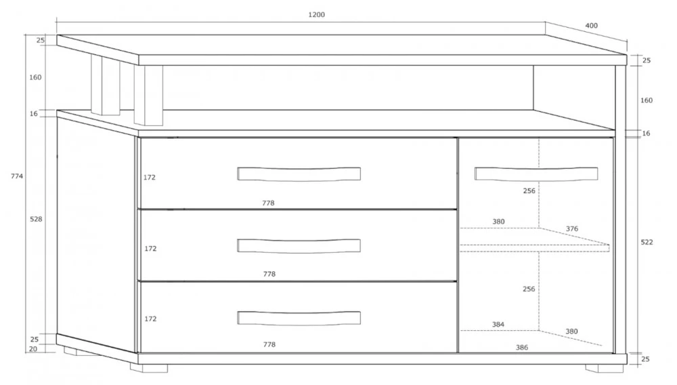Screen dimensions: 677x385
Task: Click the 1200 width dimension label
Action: pos(316,15)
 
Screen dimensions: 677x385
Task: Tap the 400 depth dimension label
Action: pos(592,26)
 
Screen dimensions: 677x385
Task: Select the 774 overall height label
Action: pos(17,176)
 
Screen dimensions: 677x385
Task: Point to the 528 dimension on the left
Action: pos(36,219)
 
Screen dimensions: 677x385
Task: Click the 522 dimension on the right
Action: pos(647,242)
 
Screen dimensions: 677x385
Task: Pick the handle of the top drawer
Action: pos(299,174)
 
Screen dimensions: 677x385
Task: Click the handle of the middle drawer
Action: pos(299,245)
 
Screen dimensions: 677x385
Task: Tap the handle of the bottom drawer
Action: pos(299,318)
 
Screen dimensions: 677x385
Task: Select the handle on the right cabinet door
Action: pos(536,174)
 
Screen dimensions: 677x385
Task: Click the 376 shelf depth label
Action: pos(572,228)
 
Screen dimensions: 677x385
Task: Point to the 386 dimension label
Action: pos(522,347)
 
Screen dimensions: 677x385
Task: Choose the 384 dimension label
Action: pos(498,324)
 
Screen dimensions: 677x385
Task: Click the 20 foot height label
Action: pos(33,348)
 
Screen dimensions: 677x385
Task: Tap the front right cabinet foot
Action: pos(605,368)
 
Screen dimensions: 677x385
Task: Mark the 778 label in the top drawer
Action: pos(268,203)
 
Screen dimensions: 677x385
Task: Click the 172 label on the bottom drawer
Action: pos(150,319)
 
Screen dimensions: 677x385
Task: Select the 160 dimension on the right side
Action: pos(647,100)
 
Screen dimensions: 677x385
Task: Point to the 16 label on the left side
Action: pos(34,114)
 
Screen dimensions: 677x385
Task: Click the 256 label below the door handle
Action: pos(529,190)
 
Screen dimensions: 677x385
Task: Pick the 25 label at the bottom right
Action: pos(645,359)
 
